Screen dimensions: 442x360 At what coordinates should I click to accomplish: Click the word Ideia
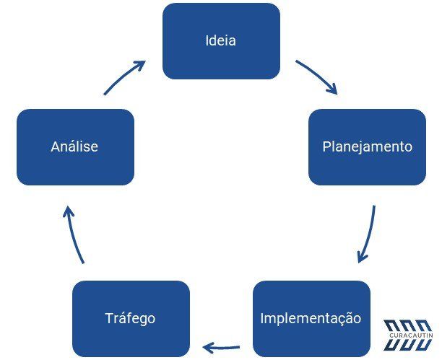221,40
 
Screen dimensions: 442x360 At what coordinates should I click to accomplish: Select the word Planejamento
368,146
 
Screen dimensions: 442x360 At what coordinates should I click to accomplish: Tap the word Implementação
311,319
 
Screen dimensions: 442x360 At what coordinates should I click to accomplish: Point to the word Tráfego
130,319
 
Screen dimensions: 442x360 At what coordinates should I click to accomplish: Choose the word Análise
74,146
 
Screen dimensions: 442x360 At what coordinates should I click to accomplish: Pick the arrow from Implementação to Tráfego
221,348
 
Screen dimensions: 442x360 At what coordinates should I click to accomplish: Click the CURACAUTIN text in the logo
411,335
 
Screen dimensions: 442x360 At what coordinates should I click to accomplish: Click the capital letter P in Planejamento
326,146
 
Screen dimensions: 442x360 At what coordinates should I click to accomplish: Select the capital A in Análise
56,146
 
